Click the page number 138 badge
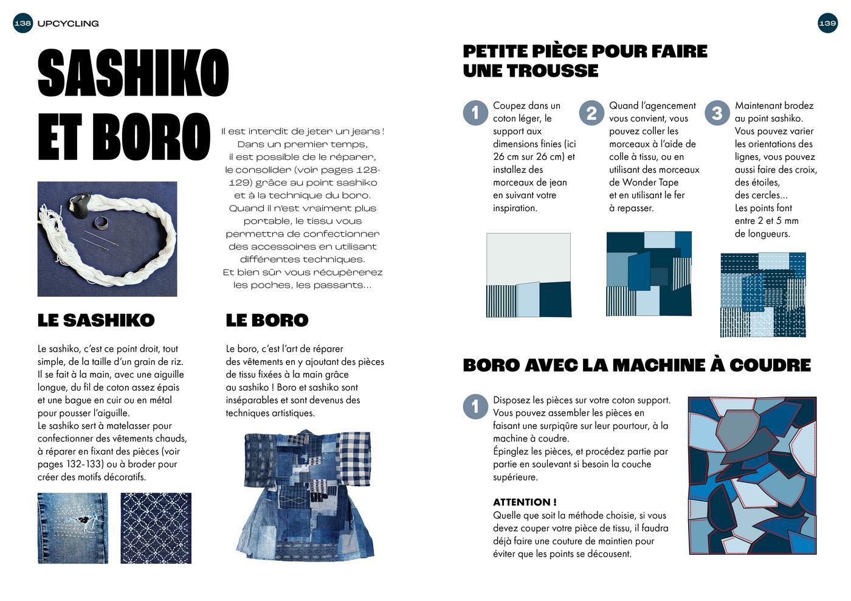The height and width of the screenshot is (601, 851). [22, 24]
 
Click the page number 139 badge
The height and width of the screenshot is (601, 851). [827, 24]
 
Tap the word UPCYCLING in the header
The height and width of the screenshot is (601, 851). [67, 24]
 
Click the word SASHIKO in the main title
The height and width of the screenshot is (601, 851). [133, 73]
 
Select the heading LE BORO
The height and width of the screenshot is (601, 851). [267, 320]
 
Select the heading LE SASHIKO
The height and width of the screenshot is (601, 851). [96, 320]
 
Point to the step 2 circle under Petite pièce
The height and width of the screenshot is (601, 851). [591, 113]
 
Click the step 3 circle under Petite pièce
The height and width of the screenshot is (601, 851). [717, 113]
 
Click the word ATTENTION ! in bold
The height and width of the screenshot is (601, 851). [525, 502]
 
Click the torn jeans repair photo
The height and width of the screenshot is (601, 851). [73, 527]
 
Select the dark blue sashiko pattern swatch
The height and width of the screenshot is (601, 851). [156, 527]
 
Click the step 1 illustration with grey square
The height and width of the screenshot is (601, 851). [528, 275]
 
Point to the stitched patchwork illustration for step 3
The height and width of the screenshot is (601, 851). [763, 294]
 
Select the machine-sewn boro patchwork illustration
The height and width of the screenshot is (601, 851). [752, 475]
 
